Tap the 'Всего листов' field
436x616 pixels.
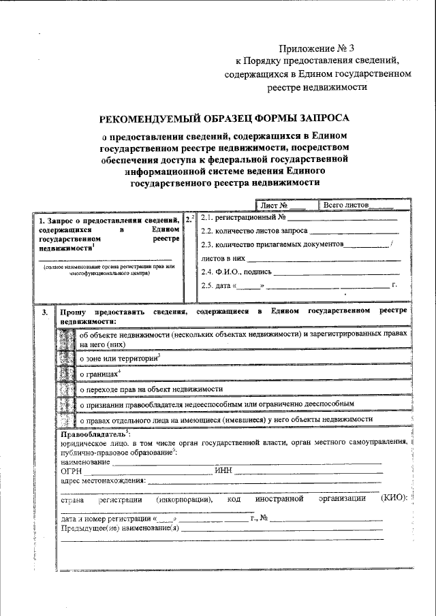[x=367, y=204]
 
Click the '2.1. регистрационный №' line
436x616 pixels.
[x=299, y=218]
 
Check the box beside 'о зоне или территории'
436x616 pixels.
[x=67, y=357]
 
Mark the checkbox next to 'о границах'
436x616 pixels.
[x=67, y=374]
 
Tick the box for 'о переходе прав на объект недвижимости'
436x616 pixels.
[x=67, y=389]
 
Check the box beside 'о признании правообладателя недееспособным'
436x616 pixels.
[x=67, y=404]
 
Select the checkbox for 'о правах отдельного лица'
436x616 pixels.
[x=67, y=419]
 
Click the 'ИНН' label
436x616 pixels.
[x=223, y=470]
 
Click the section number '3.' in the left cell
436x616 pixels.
[x=44, y=312]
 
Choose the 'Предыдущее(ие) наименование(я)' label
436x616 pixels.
[x=120, y=528]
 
